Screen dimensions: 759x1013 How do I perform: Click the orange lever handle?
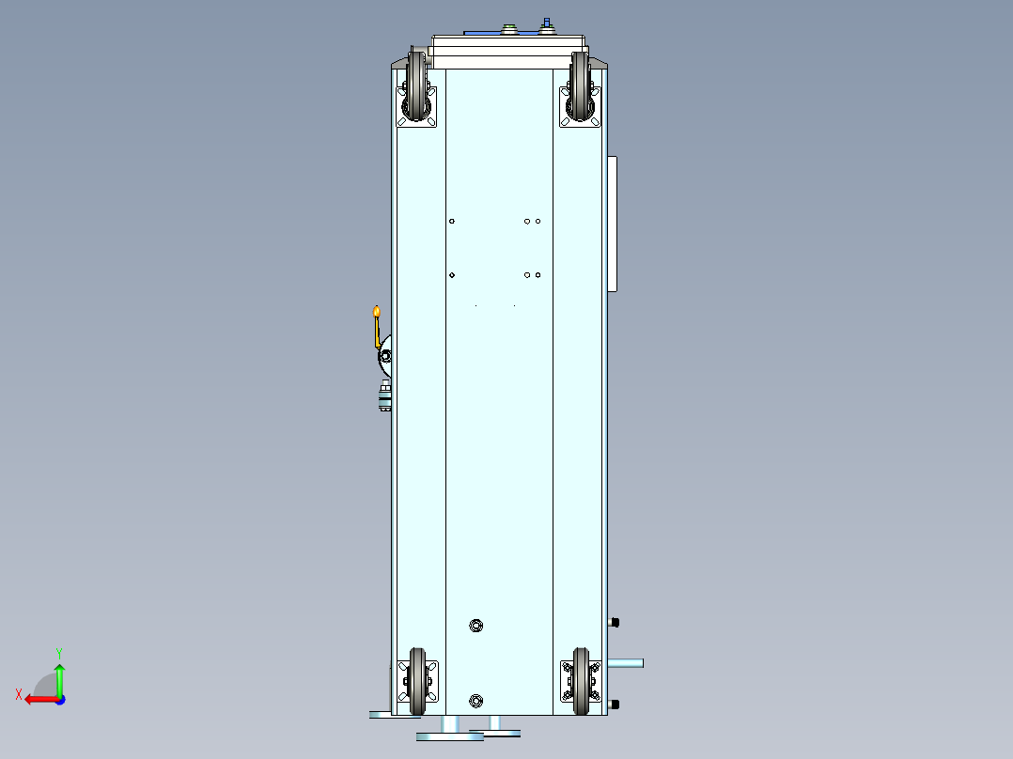[377, 326]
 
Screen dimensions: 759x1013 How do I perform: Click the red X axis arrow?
[38, 699]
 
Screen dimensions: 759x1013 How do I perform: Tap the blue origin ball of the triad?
[59, 699]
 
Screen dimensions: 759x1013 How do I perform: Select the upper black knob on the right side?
[615, 622]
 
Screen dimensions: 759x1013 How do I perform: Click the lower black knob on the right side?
[615, 705]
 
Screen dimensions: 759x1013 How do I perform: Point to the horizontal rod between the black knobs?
[626, 663]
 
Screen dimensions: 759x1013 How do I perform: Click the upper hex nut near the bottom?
[475, 626]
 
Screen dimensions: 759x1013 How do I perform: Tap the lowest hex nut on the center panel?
[475, 701]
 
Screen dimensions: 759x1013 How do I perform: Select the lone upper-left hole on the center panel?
[452, 222]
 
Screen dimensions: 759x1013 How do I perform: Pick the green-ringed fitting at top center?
[511, 28]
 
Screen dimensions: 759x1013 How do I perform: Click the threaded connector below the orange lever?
[384, 398]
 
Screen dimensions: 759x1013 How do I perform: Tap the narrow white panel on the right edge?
[613, 224]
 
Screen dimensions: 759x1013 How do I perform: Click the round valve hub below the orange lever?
[385, 356]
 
